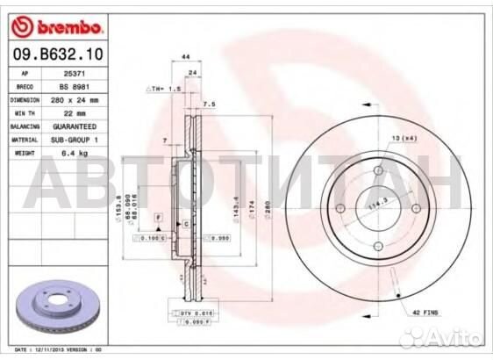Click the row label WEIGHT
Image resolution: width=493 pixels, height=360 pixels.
coord(25,152)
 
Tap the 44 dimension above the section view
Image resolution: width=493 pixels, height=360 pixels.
coord(186,56)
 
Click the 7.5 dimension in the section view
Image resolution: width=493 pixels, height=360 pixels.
coord(210,104)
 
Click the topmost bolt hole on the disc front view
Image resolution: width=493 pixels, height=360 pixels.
coord(377,171)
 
